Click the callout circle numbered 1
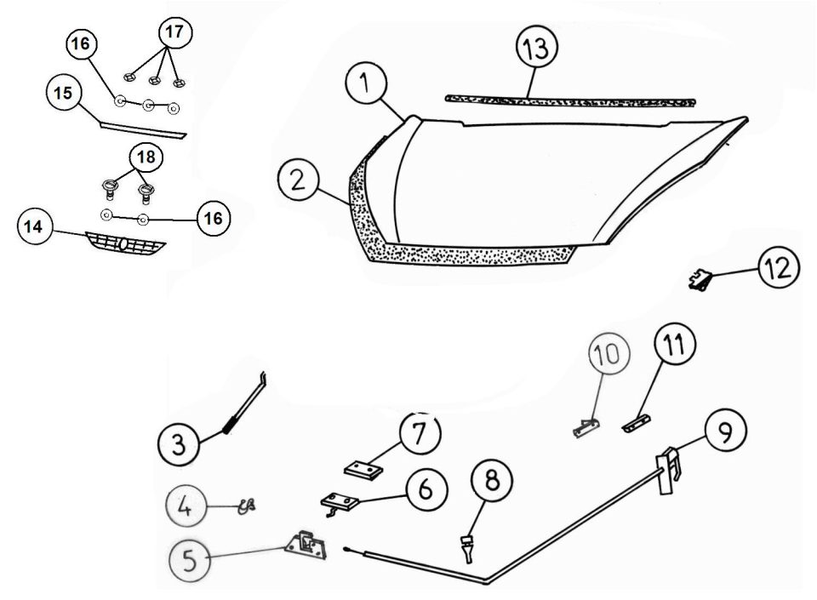pyautogui.click(x=366, y=83)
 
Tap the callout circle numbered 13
pyautogui.click(x=537, y=47)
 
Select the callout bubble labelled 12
pyautogui.click(x=779, y=267)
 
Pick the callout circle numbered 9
pyautogui.click(x=725, y=430)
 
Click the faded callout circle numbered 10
pyautogui.click(x=609, y=354)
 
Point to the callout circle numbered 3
pyautogui.click(x=179, y=444)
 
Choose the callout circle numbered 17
pyautogui.click(x=175, y=33)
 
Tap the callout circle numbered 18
pyautogui.click(x=146, y=157)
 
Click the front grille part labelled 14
pyautogui.click(x=126, y=243)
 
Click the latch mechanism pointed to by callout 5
pyautogui.click(x=306, y=546)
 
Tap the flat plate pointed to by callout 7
pyautogui.click(x=363, y=470)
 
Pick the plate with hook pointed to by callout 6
pyautogui.click(x=339, y=503)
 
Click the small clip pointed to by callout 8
pyautogui.click(x=468, y=548)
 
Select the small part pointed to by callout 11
pyautogui.click(x=637, y=422)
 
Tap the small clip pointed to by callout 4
pyautogui.click(x=247, y=506)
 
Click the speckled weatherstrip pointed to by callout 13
pyautogui.click(x=570, y=101)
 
